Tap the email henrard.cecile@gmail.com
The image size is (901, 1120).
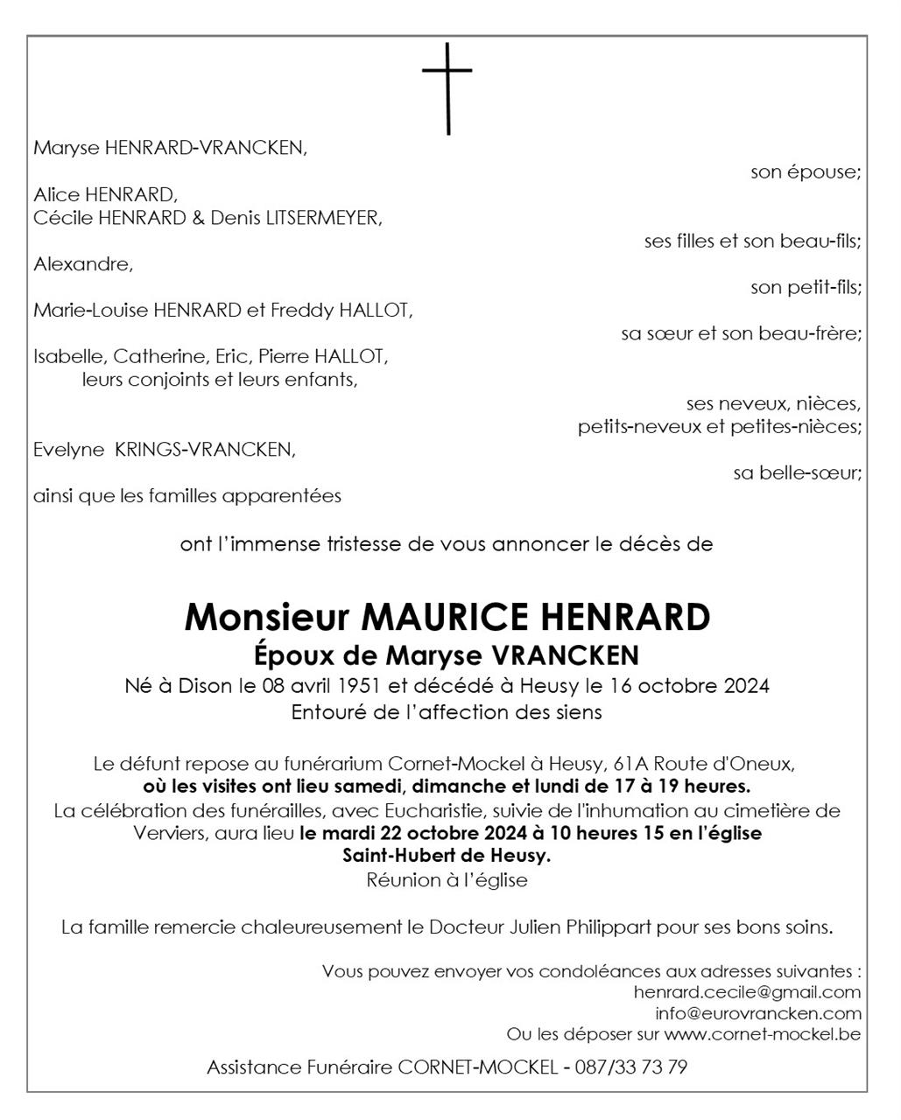pyautogui.click(x=747, y=992)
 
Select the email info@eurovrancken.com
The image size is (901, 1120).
pyautogui.click(x=758, y=1014)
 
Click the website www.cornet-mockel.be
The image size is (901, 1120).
pyautogui.click(x=762, y=1035)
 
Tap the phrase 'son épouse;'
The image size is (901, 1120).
pyautogui.click(x=805, y=172)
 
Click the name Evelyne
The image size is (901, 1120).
pyautogui.click(x=69, y=450)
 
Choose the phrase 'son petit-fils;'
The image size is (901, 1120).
pyautogui.click(x=805, y=287)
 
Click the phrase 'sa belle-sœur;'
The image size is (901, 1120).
pyautogui.click(x=797, y=473)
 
